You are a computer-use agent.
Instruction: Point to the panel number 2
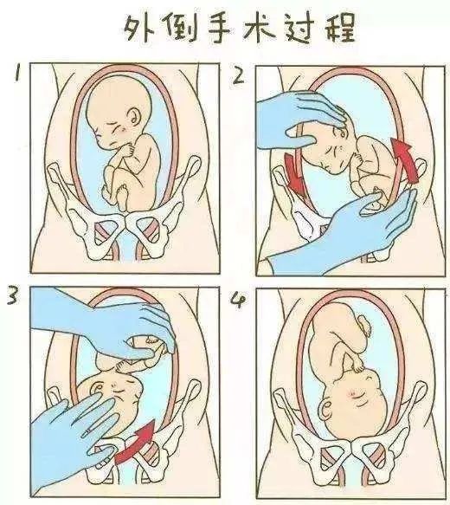point(240,78)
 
